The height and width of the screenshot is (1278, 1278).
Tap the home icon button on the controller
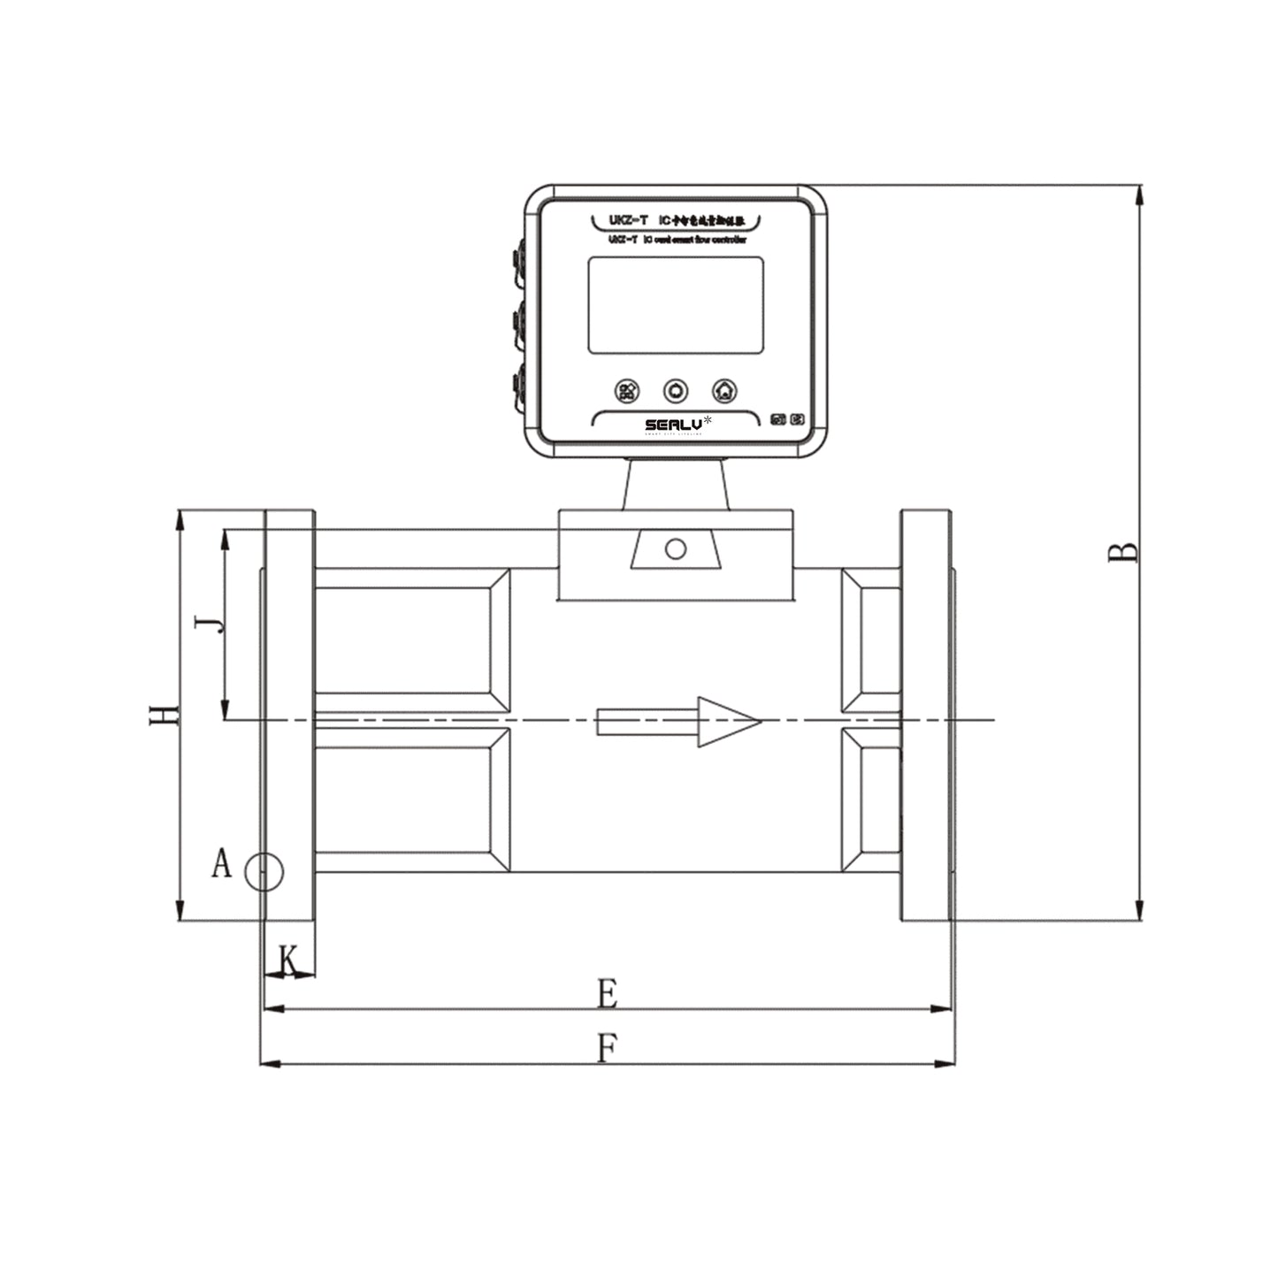pyautogui.click(x=724, y=390)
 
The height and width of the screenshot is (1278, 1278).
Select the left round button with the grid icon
pyautogui.click(x=627, y=390)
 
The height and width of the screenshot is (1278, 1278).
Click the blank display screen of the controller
pyautogui.click(x=676, y=305)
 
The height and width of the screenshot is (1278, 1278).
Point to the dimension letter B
pyautogui.click(x=1124, y=552)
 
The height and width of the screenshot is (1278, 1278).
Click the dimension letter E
pyautogui.click(x=607, y=993)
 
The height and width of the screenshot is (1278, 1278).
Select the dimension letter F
pyautogui.click(x=607, y=1049)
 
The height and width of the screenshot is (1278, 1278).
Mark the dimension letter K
pyautogui.click(x=289, y=960)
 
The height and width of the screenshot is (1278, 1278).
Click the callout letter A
pyautogui.click(x=221, y=863)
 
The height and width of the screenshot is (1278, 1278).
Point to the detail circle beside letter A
pyautogui.click(x=264, y=873)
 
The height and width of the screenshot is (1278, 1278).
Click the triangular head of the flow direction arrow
pyautogui.click(x=725, y=722)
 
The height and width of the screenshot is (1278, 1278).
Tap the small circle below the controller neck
pyautogui.click(x=676, y=549)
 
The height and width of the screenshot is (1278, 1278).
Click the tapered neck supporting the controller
pyautogui.click(x=677, y=484)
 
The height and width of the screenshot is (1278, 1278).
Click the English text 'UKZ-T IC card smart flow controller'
pyautogui.click(x=677, y=240)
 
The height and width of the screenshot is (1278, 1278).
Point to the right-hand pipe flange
pyautogui.click(x=926, y=716)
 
